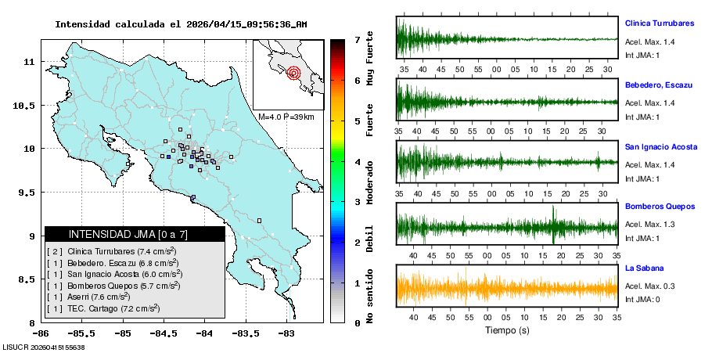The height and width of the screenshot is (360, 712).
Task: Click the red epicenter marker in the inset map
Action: [294, 74]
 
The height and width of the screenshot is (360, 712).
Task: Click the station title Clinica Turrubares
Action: [660, 23]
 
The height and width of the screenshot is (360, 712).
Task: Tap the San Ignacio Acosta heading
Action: [660, 146]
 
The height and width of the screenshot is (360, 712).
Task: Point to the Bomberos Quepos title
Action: [660, 207]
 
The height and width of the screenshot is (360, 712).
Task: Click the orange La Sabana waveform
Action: [507, 288]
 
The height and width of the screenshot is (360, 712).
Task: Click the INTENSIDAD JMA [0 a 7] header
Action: [135, 234]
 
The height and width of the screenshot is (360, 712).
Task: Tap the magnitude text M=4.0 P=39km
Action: [286, 117]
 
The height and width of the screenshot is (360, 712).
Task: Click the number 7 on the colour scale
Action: [357, 39]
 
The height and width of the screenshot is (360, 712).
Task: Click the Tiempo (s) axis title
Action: [506, 331]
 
